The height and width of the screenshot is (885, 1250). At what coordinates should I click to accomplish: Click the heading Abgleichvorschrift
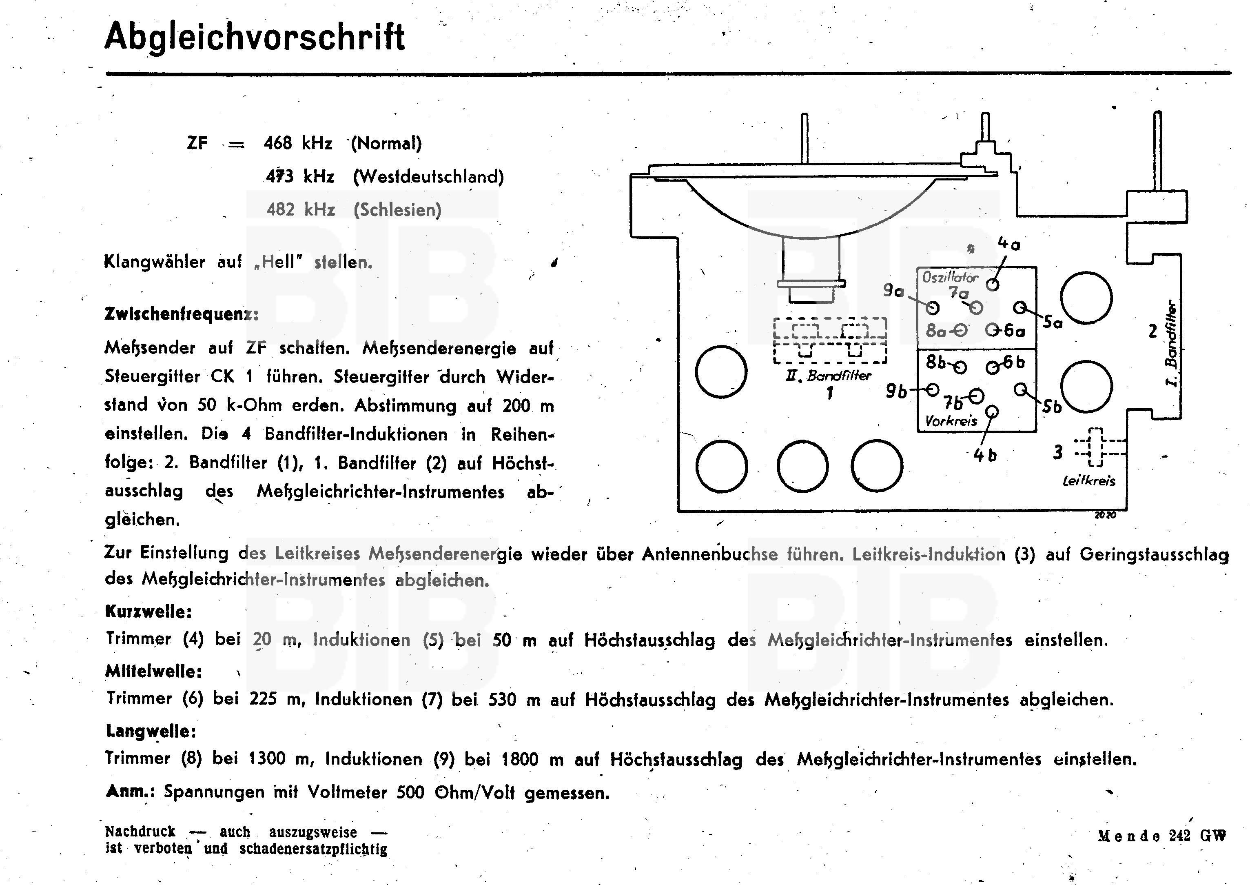(254, 37)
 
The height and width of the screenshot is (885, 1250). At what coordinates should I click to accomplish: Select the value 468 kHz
(297, 143)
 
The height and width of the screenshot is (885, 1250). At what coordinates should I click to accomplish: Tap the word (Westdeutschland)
(428, 177)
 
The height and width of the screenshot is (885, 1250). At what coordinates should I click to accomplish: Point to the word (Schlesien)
(397, 210)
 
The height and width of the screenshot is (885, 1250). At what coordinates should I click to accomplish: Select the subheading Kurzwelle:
(148, 611)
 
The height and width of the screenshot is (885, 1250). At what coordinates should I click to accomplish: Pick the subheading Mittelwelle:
(153, 671)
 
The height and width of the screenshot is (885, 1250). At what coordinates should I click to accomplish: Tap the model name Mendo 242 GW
(1162, 836)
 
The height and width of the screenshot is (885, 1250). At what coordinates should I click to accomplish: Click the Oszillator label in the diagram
(949, 278)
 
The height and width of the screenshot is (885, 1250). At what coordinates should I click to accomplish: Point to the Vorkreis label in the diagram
(951, 421)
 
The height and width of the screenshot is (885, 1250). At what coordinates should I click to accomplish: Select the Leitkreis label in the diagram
(1089, 480)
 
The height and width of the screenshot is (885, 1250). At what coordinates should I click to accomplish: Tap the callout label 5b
(1052, 407)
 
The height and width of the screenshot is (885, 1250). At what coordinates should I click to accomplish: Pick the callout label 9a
(893, 291)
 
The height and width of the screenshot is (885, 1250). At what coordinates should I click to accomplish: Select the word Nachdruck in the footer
(140, 832)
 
